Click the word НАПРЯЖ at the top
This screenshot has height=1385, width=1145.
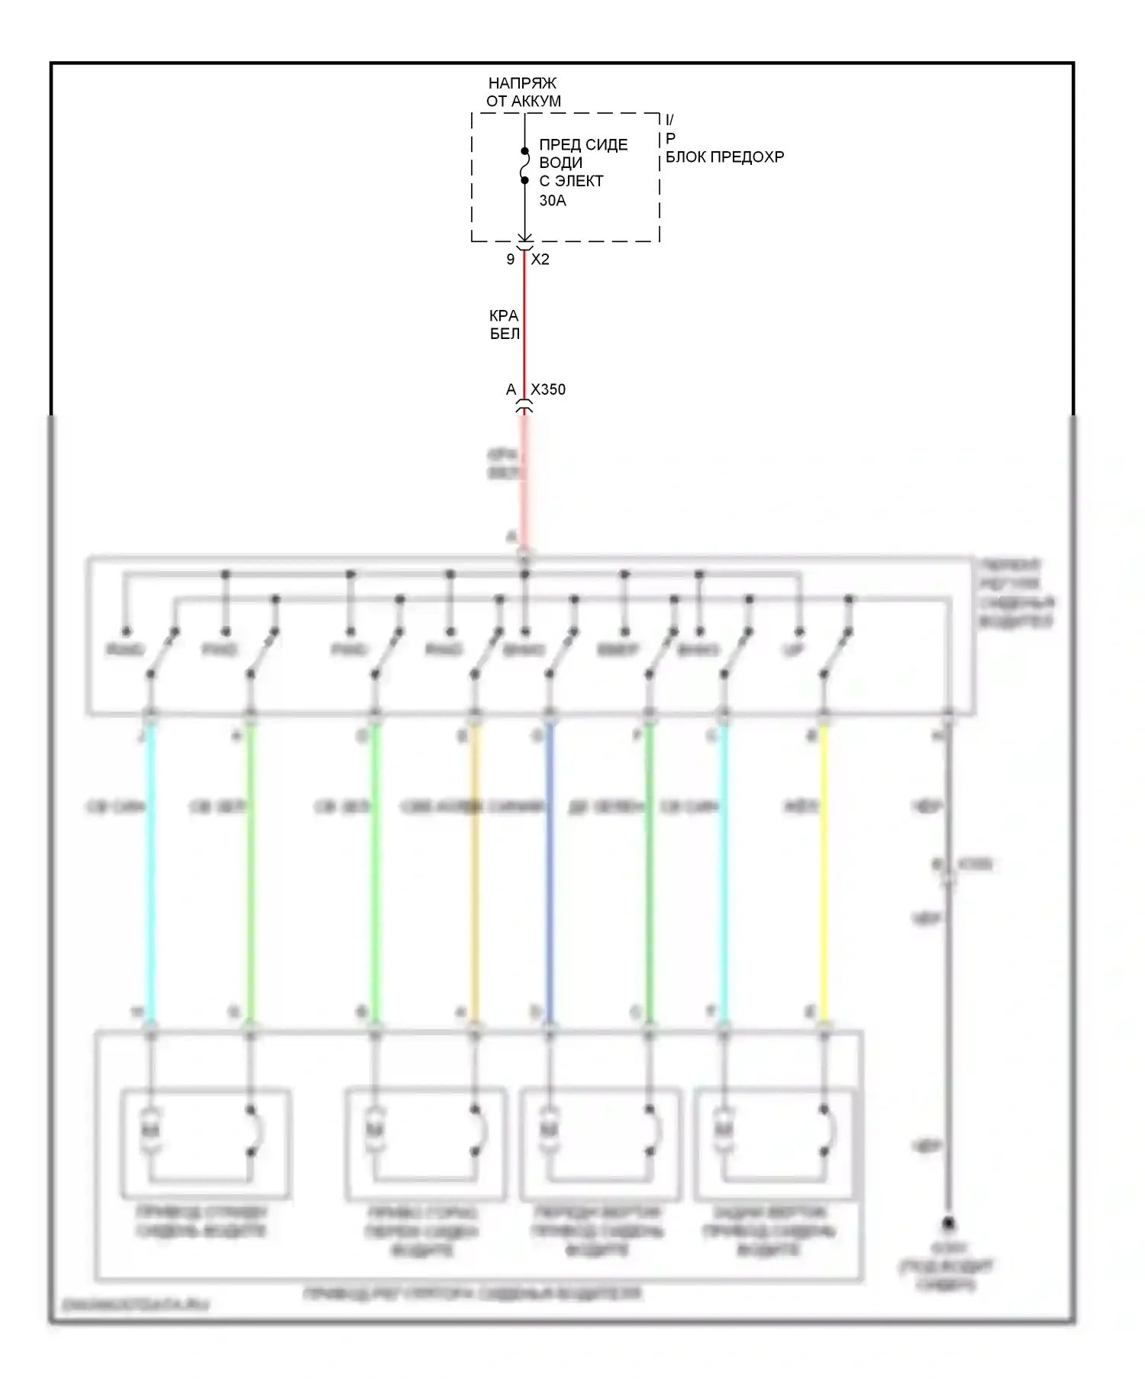522,83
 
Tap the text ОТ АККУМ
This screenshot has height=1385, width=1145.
524,102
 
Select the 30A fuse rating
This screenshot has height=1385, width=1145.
553,201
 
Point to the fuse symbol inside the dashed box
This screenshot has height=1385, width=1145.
524,166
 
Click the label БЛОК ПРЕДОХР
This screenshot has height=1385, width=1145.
724,157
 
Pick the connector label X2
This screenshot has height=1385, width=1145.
540,260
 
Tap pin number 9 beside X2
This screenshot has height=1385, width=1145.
511,260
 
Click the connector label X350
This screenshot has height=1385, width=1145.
548,389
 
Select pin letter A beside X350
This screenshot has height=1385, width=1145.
511,390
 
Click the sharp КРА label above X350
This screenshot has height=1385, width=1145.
504,315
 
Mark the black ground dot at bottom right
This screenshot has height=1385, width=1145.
948,1222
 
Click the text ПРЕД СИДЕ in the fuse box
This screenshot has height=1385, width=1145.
583,145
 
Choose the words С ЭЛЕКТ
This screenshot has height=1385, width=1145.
571,182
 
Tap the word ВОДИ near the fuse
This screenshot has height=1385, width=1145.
561,163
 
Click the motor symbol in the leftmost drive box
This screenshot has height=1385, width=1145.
150,1130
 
